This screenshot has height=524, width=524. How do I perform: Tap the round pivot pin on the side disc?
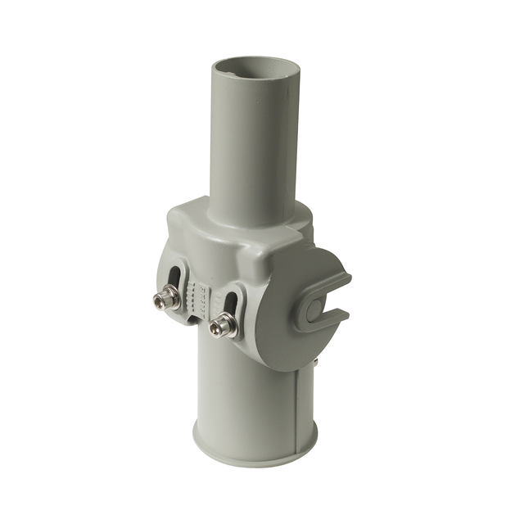click(314, 309)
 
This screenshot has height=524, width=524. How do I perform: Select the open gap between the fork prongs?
click(336, 303)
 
